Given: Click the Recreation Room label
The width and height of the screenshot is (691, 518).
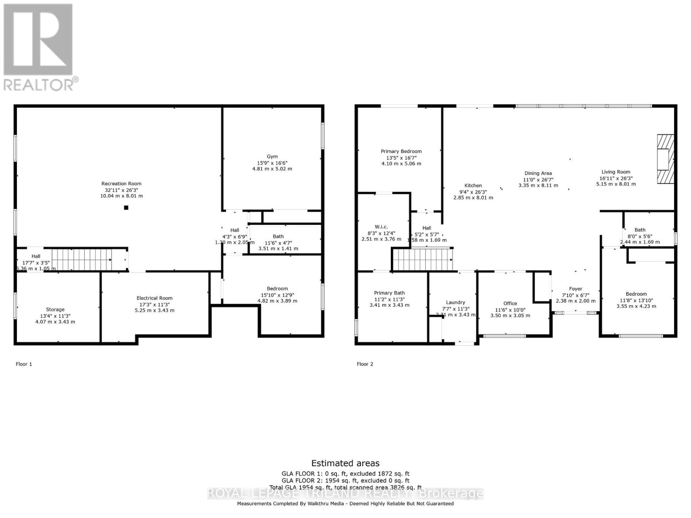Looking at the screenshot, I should (121, 183).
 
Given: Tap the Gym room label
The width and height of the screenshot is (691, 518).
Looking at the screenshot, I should (272, 157).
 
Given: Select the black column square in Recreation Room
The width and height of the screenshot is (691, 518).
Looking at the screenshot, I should (126, 208).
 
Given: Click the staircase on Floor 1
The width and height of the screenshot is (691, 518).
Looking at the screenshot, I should (82, 259).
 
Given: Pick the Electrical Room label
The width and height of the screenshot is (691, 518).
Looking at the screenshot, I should (154, 298).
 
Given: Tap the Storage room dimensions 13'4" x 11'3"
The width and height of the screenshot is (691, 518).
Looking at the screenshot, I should (55, 316).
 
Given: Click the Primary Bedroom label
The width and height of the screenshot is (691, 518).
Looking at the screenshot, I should (401, 151).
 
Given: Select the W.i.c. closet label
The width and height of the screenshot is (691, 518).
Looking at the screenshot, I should (381, 227).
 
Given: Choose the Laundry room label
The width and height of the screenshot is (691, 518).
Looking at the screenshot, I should (456, 302).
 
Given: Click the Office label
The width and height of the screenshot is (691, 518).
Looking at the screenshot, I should (510, 303).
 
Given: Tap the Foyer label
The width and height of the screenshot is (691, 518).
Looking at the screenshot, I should (575, 289).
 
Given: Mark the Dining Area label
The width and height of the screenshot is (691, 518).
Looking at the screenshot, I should (538, 173).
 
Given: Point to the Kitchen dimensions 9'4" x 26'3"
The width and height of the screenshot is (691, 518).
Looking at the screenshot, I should (473, 192).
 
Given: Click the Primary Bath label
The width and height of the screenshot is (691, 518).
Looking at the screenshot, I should (389, 293).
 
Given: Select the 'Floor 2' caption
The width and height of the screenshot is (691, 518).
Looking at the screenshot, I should (365, 364).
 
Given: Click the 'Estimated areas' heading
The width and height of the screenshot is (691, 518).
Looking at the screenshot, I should (345, 463).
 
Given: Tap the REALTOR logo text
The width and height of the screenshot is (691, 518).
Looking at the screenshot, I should (39, 84).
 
